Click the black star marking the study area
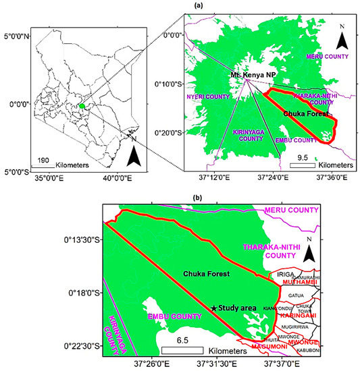click(214, 308)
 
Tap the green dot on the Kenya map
click(81, 106)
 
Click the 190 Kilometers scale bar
click(47, 164)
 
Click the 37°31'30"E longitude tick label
click(217, 364)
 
